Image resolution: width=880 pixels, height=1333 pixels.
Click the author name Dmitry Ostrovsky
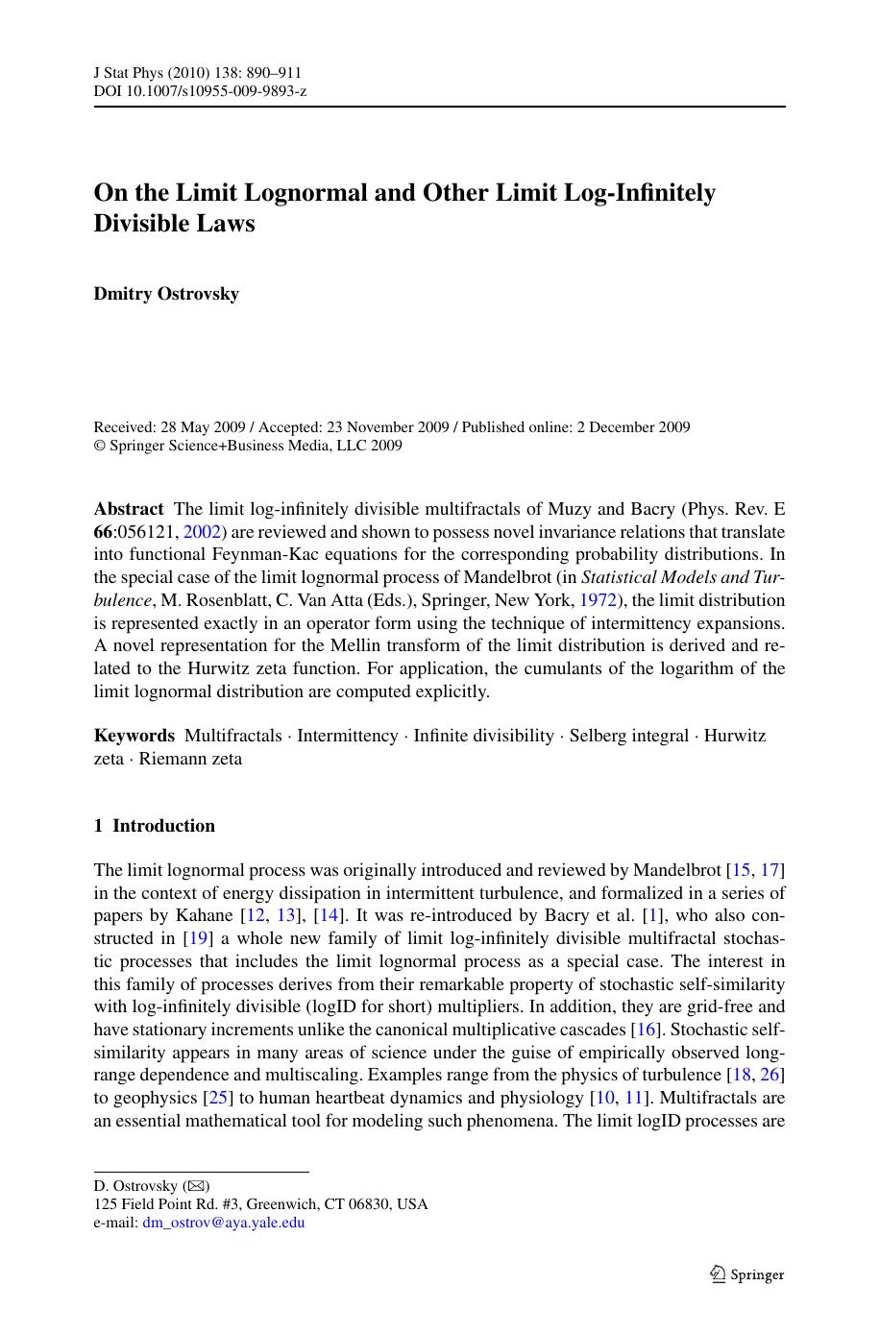click(x=166, y=294)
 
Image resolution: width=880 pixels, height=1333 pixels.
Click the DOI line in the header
click(x=200, y=91)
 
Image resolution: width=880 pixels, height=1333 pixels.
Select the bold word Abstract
click(x=129, y=509)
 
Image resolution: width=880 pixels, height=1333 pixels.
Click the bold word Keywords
click(x=134, y=736)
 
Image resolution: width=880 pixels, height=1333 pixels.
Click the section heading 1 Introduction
click(x=155, y=826)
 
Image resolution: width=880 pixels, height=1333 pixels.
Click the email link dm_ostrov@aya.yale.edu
click(x=223, y=1223)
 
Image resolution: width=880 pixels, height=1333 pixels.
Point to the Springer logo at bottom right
click(x=746, y=1274)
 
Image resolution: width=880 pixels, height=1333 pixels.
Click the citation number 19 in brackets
click(x=196, y=938)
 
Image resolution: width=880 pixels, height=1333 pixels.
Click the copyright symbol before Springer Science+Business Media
click(x=99, y=446)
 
